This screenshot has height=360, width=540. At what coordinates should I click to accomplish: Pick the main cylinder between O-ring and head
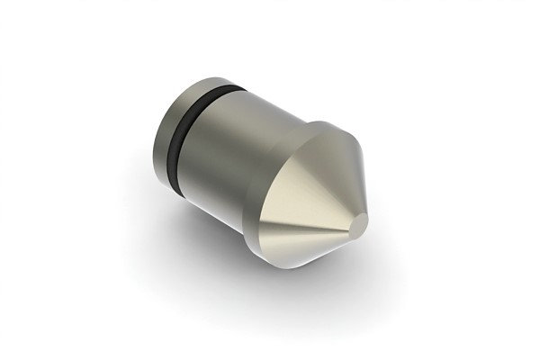[x=243, y=157]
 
